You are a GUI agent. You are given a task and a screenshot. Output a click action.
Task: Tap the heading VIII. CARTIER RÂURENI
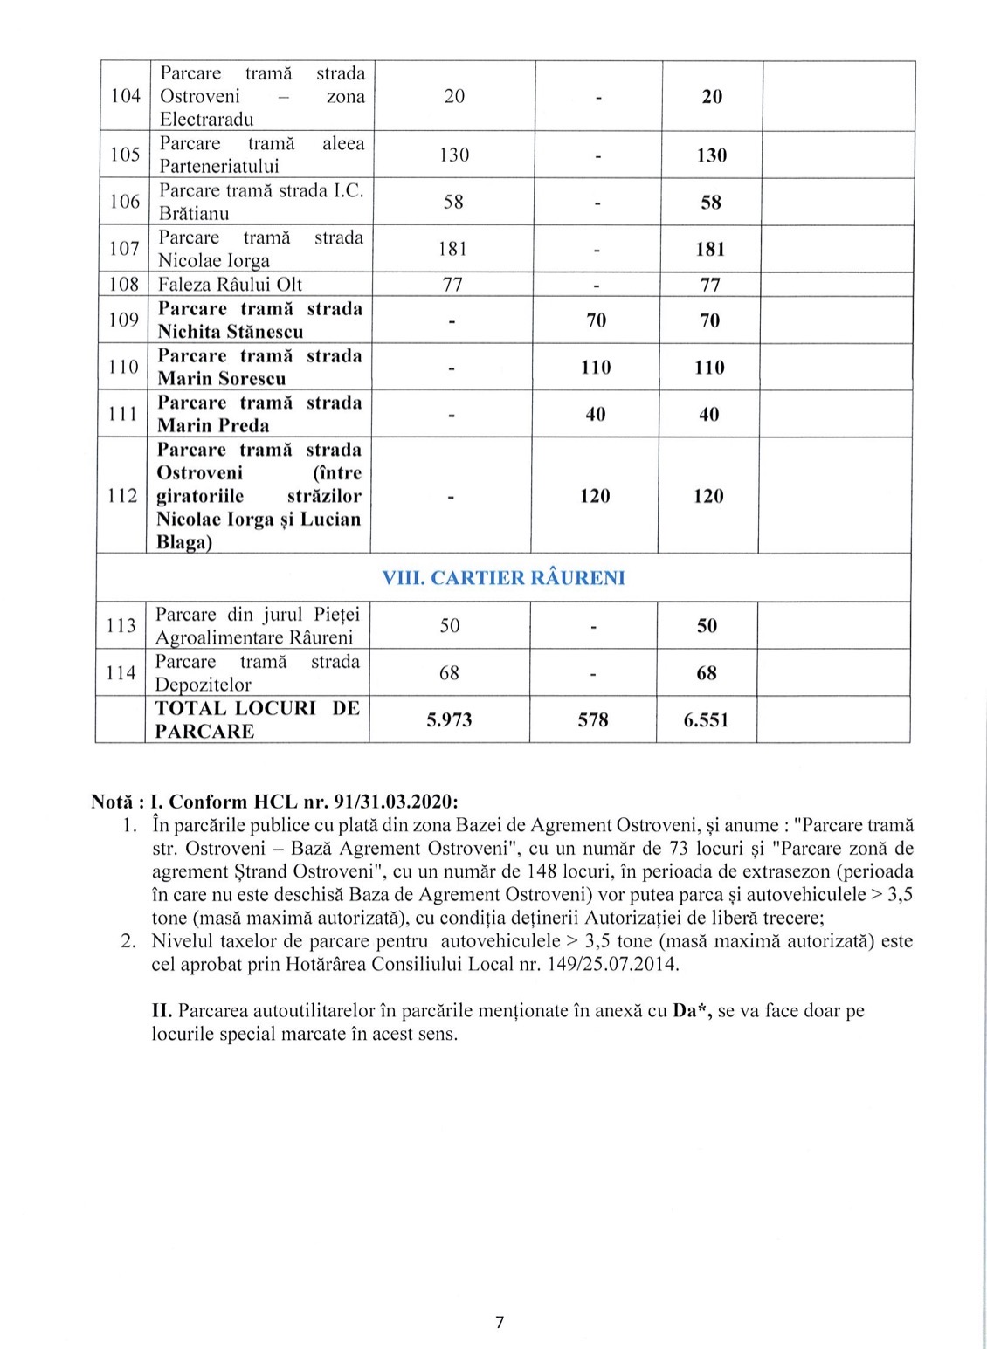click(x=503, y=578)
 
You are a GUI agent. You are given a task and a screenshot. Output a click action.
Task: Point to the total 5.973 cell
click(x=449, y=720)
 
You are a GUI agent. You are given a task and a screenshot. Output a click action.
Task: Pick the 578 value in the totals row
click(x=593, y=720)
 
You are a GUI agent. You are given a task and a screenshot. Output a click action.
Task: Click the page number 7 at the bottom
click(x=500, y=1322)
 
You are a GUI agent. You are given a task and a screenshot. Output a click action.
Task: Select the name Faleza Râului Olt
click(x=230, y=285)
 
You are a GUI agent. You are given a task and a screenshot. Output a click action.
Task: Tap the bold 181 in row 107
click(x=710, y=250)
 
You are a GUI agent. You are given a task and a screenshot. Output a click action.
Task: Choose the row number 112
click(x=122, y=496)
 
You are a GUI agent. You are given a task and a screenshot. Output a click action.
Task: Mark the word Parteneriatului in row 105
click(x=218, y=166)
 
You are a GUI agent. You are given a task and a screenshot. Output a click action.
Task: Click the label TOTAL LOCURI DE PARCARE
click(x=257, y=719)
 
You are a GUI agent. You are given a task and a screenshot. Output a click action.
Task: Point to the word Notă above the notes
click(x=112, y=802)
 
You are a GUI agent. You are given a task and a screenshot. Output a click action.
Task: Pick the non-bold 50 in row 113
click(x=450, y=626)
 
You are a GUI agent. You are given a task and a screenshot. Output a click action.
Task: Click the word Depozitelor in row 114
click(x=203, y=685)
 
